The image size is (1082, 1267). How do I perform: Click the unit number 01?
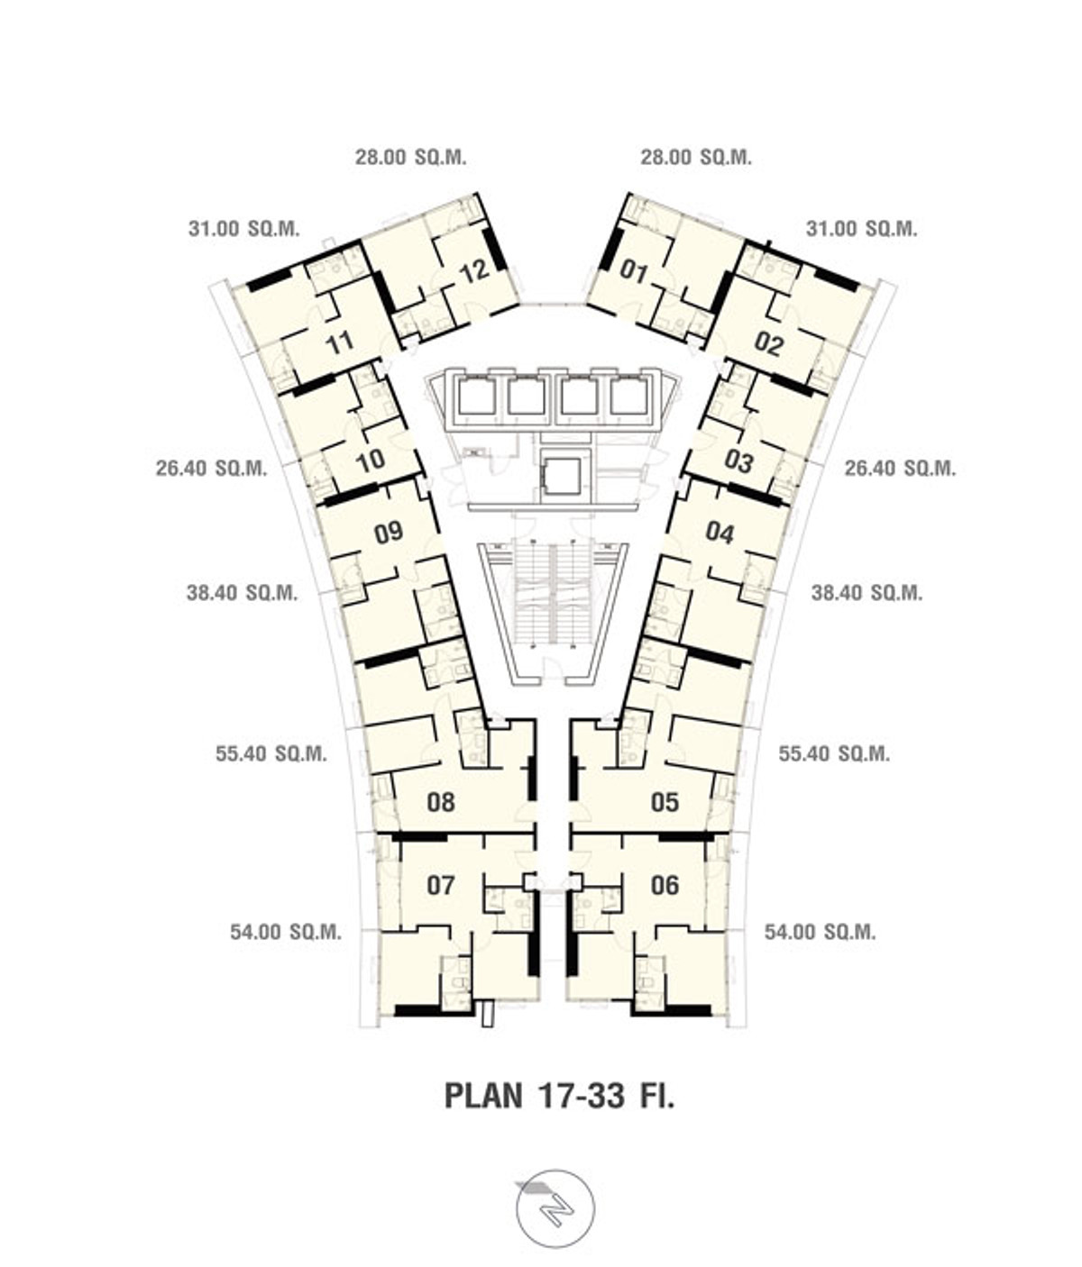coord(634,270)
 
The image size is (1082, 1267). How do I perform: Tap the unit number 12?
coord(475,271)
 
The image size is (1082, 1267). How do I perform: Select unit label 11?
coord(340,342)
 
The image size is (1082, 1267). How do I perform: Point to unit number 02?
coord(768,343)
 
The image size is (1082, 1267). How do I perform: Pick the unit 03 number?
coord(738,461)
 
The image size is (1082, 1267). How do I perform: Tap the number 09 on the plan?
coord(389,532)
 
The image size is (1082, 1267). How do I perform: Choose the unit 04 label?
coord(720,532)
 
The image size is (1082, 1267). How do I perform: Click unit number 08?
coord(441,802)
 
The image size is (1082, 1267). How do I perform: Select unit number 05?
coord(665,802)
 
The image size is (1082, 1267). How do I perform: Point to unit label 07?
coord(441,885)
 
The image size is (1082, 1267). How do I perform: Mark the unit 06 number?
coord(665,885)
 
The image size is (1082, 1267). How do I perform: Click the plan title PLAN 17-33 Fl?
coord(559,1096)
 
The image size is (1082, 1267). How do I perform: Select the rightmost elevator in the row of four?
coord(629,397)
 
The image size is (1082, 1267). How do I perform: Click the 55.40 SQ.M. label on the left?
coord(271,753)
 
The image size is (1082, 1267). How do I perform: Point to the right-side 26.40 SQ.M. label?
coord(901,469)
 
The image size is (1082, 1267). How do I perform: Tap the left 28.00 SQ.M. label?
coord(411,158)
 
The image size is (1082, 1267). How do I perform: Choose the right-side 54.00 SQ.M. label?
coord(821,933)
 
